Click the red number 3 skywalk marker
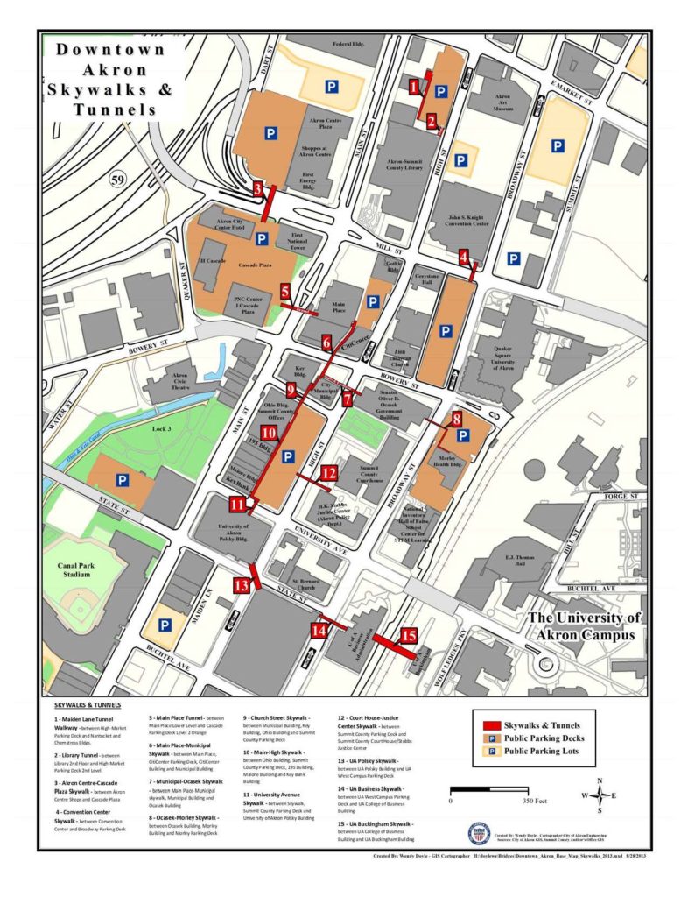tap(257, 188)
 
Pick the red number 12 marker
tap(328, 472)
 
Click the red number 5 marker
tap(285, 290)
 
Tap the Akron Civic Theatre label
tap(175, 381)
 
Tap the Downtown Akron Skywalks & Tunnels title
tap(110, 79)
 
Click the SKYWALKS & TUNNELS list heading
tap(88, 703)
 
